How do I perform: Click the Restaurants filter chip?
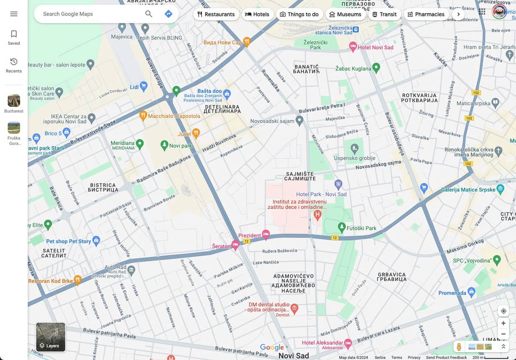coord(216,14)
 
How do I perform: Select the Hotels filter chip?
coord(257,14)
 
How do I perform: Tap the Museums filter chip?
coord(345,14)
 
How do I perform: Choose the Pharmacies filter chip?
coord(426,14)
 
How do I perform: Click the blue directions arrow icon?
coord(169,14)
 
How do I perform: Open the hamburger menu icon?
coord(14,14)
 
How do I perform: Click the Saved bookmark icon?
coord(14,34)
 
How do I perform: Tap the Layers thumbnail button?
coord(51,337)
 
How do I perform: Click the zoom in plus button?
coord(503,323)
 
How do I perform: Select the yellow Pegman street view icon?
coord(459,347)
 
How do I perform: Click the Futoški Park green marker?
coord(341,226)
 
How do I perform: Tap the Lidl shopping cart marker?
coord(144,86)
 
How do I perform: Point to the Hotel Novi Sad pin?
coord(353,46)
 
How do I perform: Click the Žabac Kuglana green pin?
coord(376,67)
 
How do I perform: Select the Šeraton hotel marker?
coord(235,244)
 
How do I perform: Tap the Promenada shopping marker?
coord(472,292)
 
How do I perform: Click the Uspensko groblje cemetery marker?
coord(354,149)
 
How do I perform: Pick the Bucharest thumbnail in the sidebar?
coord(14,101)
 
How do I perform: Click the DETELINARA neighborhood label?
coord(223,108)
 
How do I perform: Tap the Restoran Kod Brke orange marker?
coord(77,280)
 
